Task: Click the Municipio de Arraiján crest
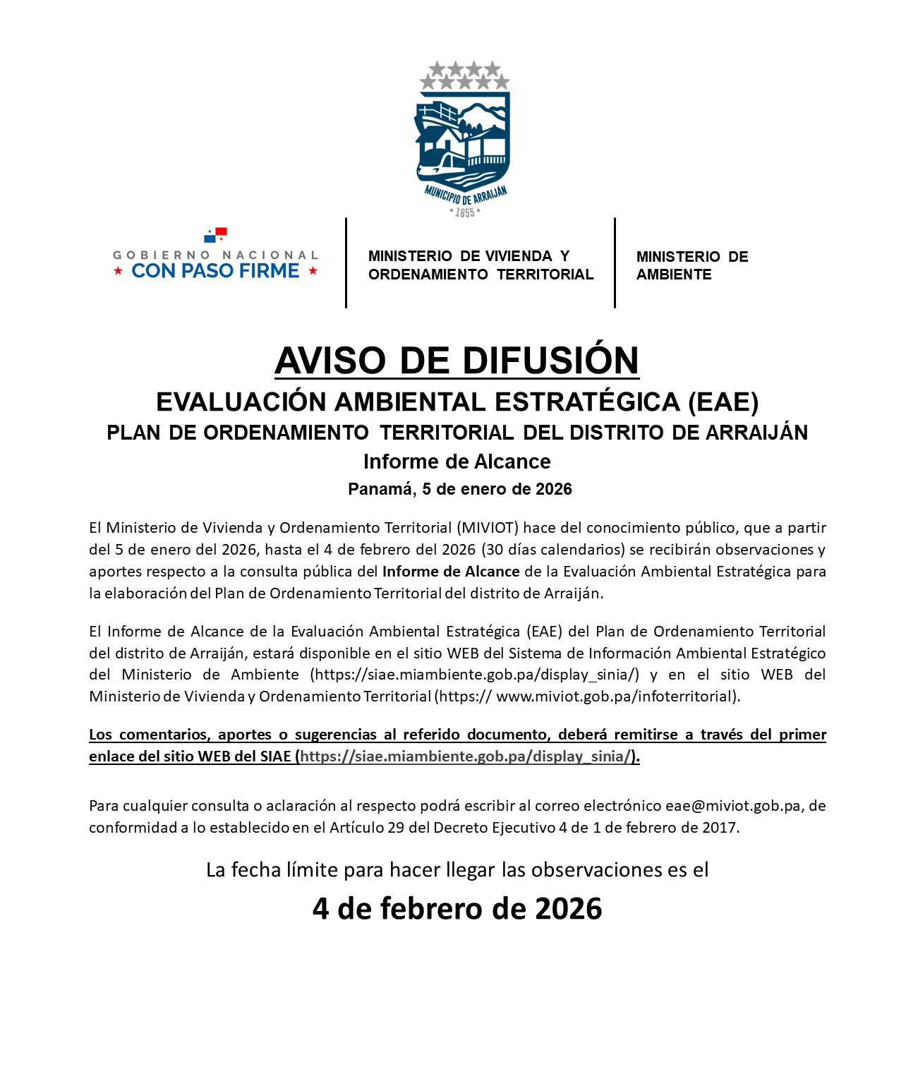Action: click(463, 141)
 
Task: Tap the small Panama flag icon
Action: click(215, 234)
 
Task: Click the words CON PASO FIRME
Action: click(215, 271)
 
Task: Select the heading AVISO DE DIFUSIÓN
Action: click(457, 361)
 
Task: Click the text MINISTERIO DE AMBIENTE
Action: click(691, 265)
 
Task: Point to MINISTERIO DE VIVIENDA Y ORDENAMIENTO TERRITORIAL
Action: click(481, 265)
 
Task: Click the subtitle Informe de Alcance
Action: click(457, 462)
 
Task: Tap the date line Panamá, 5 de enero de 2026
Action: click(459, 489)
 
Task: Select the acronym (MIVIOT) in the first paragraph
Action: click(488, 528)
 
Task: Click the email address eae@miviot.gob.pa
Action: click(732, 806)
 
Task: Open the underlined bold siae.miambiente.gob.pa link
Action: click(466, 756)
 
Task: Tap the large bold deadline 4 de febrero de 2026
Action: click(457, 908)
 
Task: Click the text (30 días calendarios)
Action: click(553, 550)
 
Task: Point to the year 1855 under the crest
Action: click(464, 212)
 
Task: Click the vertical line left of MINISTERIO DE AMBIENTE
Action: click(615, 263)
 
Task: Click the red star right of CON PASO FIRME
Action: click(313, 271)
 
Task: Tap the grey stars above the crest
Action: click(464, 76)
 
